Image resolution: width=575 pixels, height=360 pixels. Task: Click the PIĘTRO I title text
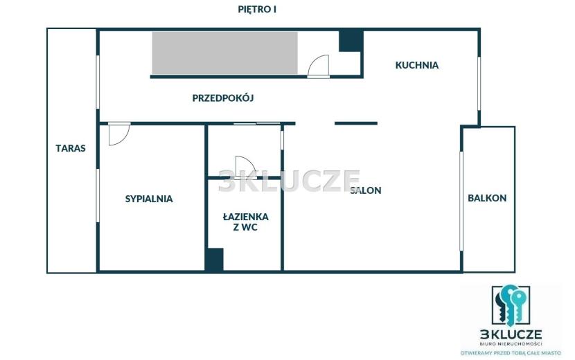point(257,9)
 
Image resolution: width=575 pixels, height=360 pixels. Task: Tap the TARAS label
point(71,148)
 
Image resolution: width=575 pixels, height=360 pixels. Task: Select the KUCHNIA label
point(416,65)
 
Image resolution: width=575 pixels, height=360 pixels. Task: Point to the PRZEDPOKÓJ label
point(223,98)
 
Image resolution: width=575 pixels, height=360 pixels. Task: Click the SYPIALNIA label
point(149,199)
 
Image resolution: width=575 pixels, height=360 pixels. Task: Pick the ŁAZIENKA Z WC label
point(246,222)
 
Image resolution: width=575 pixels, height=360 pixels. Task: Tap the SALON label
point(366,190)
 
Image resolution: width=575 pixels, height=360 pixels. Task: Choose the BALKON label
point(487,198)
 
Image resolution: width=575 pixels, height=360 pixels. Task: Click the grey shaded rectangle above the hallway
point(224,53)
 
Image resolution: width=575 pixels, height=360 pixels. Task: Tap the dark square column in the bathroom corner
point(214,260)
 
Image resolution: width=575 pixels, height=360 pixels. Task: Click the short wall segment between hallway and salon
point(356,123)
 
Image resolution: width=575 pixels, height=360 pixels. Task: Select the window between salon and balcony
point(461,201)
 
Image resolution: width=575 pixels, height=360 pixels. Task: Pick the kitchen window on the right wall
point(479,84)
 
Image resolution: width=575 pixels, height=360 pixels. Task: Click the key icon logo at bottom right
point(511,305)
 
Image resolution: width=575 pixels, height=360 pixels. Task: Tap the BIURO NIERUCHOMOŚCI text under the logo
point(511,343)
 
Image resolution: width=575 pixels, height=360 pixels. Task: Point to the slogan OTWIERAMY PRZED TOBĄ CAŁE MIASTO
point(511,352)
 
